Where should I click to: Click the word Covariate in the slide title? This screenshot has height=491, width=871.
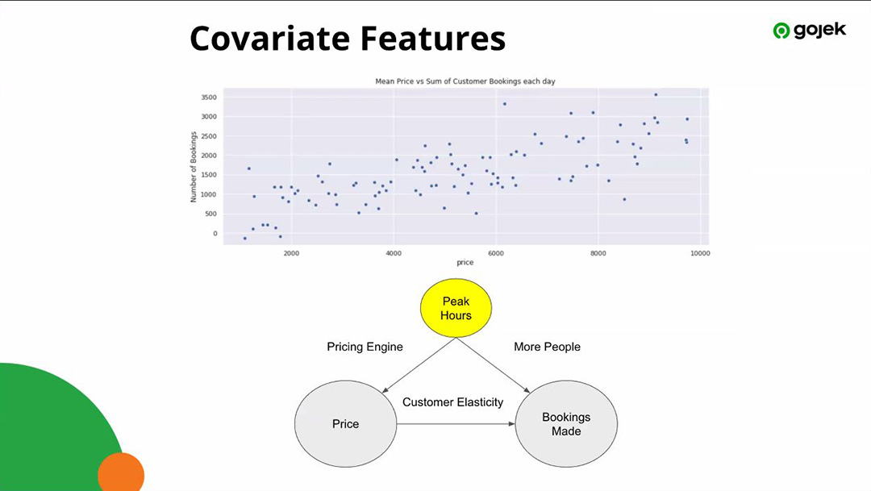(x=270, y=39)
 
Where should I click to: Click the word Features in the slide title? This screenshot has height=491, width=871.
(x=433, y=39)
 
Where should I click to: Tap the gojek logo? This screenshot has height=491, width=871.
(x=810, y=31)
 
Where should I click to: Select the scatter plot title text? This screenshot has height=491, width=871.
(x=465, y=81)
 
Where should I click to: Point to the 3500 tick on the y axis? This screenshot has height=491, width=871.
(x=209, y=98)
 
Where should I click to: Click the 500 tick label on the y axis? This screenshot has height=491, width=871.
(x=210, y=214)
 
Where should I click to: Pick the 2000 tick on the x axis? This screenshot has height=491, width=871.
(x=291, y=253)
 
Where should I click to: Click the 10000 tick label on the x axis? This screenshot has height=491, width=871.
(x=700, y=253)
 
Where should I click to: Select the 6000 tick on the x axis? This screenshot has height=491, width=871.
(x=495, y=253)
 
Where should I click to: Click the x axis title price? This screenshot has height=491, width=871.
(x=465, y=262)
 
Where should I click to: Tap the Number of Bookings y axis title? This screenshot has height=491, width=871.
(x=194, y=167)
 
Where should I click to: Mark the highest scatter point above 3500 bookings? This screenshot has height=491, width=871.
(x=656, y=95)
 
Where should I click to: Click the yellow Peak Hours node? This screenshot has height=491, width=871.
(x=456, y=308)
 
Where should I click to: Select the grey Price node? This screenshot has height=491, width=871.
(x=345, y=424)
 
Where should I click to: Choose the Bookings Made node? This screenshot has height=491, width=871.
(x=566, y=424)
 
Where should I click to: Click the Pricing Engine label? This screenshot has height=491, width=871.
(x=365, y=347)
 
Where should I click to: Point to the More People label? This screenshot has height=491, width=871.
(x=547, y=347)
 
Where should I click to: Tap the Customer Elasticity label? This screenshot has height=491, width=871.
(x=452, y=402)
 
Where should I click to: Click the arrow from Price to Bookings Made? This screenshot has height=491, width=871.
(x=456, y=424)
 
